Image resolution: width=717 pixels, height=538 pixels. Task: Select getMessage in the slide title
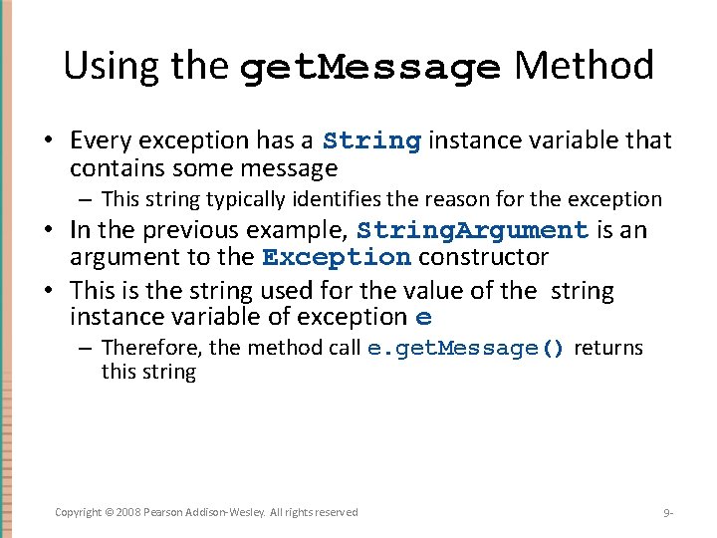pyautogui.click(x=370, y=68)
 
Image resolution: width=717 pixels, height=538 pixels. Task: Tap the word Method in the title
pyautogui.click(x=584, y=66)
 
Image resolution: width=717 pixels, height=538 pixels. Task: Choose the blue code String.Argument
pyautogui.click(x=473, y=230)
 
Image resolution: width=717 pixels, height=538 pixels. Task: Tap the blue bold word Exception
pyautogui.click(x=337, y=257)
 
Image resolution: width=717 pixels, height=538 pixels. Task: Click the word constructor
pyautogui.click(x=483, y=257)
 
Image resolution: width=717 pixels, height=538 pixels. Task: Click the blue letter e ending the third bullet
pyautogui.click(x=424, y=319)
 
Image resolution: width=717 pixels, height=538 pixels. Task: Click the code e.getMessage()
pyautogui.click(x=466, y=349)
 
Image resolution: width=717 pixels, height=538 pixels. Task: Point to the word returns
pyautogui.click(x=608, y=348)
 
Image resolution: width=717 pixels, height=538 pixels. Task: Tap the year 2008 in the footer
pyautogui.click(x=125, y=512)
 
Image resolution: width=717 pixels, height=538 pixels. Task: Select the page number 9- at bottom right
pyautogui.click(x=668, y=513)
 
